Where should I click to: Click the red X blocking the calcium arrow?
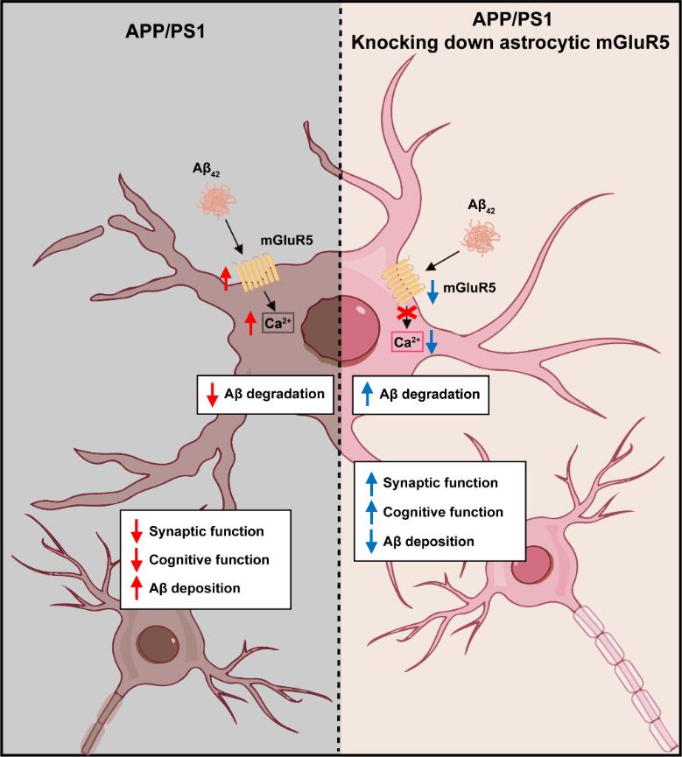405,312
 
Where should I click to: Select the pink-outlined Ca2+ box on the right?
406,343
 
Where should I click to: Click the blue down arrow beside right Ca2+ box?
433,343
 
